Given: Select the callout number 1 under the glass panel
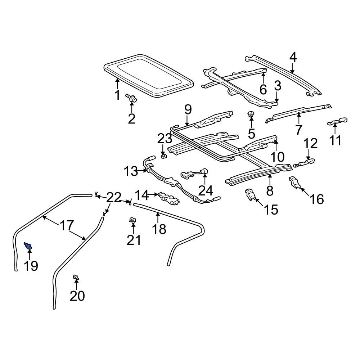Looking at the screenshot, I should (117, 95).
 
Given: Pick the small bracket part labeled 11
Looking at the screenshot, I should (338, 122).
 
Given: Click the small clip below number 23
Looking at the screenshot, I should (163, 157).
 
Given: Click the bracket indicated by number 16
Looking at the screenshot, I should (296, 183).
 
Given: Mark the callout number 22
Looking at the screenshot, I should (114, 197).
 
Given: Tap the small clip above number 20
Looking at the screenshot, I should (76, 277).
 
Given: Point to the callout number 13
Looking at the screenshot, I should (131, 171).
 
